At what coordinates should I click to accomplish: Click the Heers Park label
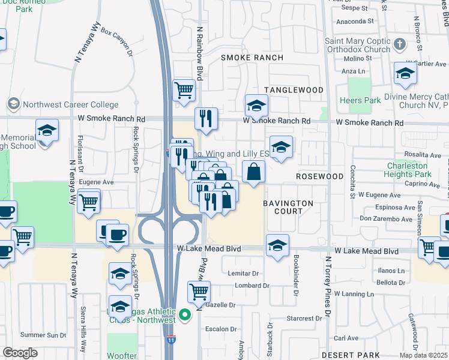pyautogui.click(x=360, y=100)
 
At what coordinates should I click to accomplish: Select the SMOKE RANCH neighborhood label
pyautogui.click(x=252, y=58)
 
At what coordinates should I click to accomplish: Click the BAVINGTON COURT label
pyautogui.click(x=288, y=208)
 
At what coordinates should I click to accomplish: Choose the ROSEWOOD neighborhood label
pyautogui.click(x=319, y=177)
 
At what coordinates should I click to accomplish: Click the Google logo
pyautogui.click(x=20, y=353)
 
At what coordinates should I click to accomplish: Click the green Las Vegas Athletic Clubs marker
pyautogui.click(x=185, y=314)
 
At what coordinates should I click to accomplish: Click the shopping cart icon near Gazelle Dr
pyautogui.click(x=199, y=292)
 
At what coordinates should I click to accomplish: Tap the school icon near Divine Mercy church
pyautogui.click(x=405, y=74)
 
